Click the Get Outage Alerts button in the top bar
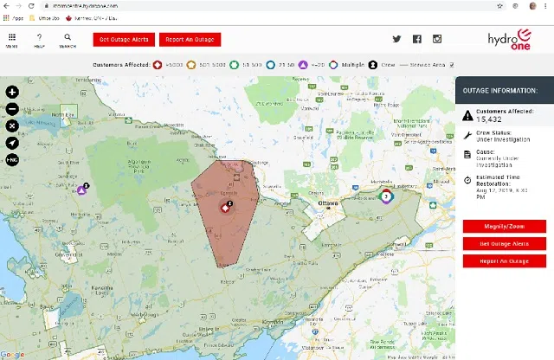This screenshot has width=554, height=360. tap(125, 40)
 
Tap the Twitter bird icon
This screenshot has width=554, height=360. tap(397, 39)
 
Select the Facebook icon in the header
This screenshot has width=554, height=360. tap(417, 39)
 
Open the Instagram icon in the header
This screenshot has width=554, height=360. tap(437, 39)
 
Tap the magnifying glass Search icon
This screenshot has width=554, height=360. tap(67, 39)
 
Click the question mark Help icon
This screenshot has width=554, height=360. tap(39, 39)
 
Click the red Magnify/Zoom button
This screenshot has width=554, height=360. tap(504, 227)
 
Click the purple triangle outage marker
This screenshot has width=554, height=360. tap(82, 190)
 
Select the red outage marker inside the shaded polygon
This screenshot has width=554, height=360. tap(223, 207)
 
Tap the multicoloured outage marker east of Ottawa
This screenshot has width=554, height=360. tap(385, 196)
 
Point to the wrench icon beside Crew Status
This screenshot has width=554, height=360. tap(467, 135)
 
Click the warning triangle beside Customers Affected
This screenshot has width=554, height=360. tap(467, 114)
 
